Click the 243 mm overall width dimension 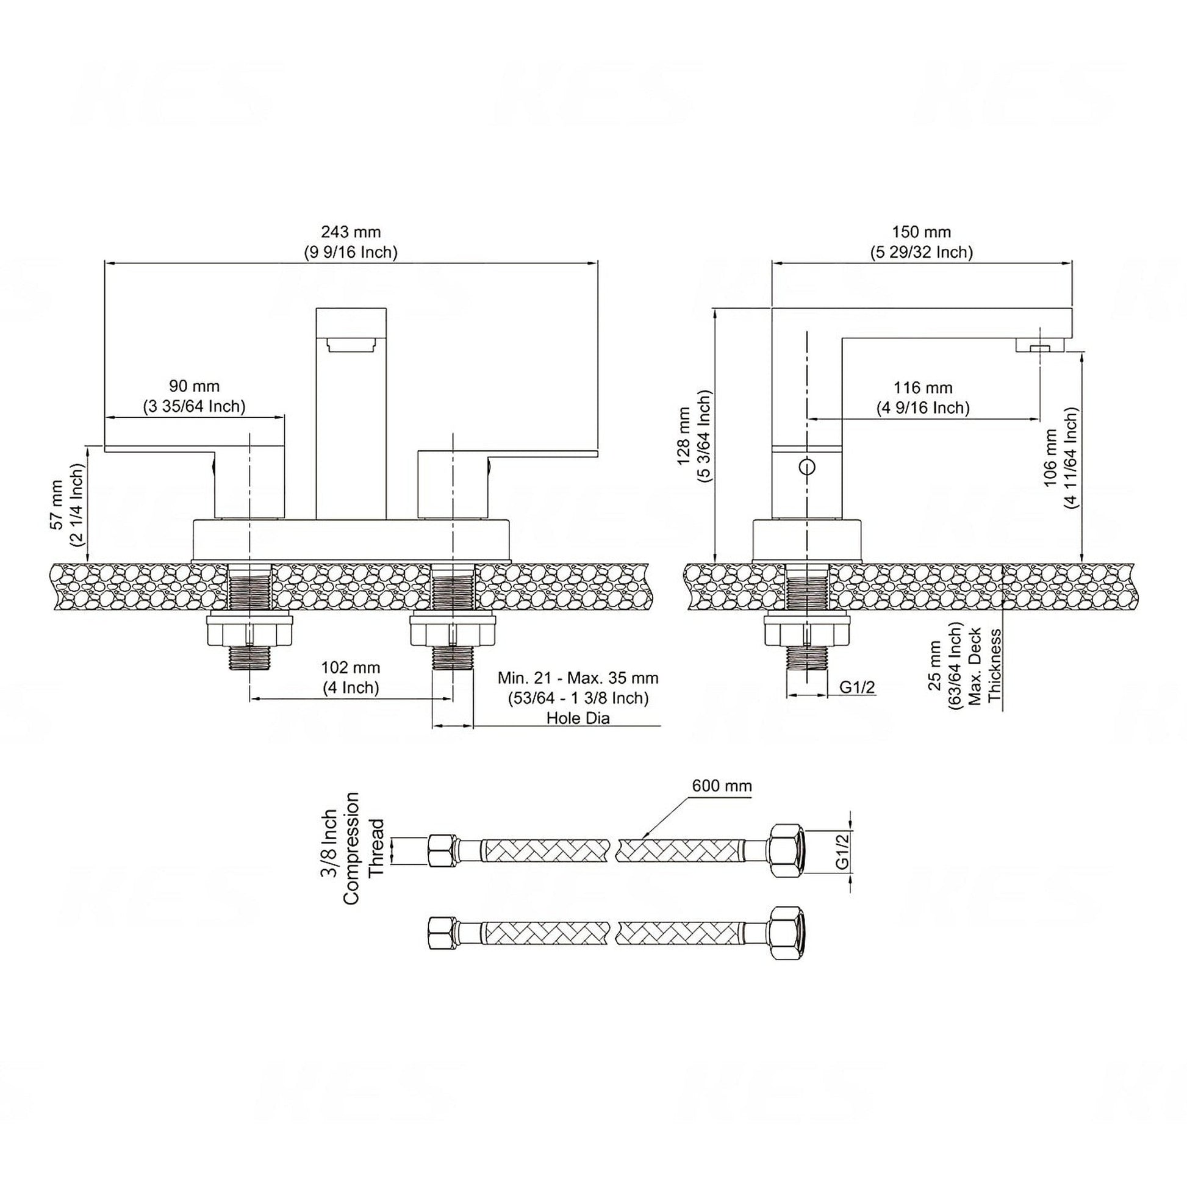tap(351, 242)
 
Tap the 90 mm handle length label tap(194, 396)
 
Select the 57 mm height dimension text tap(66, 504)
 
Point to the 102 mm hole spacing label tap(351, 677)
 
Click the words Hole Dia tap(578, 718)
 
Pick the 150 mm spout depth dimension tap(922, 242)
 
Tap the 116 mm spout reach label tap(923, 398)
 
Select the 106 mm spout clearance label tap(1061, 457)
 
